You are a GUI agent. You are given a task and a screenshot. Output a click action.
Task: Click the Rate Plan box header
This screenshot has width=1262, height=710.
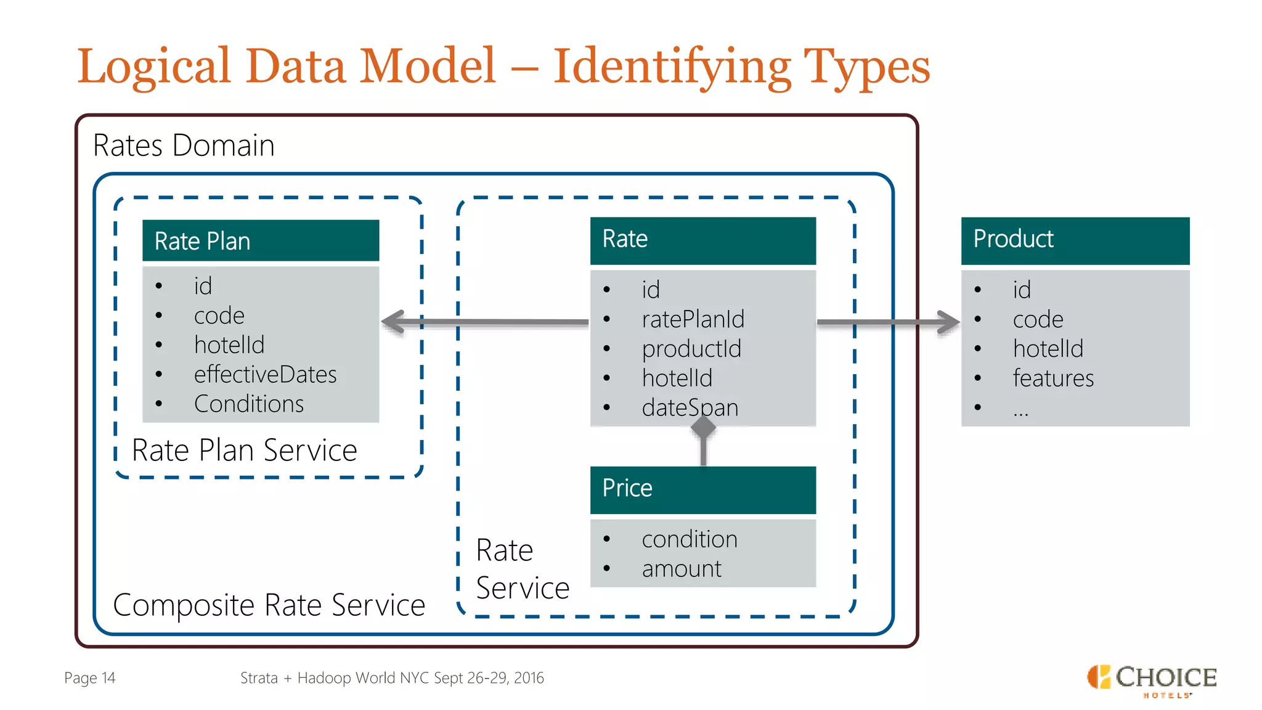coord(260,240)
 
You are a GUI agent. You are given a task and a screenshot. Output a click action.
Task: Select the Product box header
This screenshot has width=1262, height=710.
coord(1075,240)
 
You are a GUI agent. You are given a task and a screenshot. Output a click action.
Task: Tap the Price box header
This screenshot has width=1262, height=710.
coord(702,489)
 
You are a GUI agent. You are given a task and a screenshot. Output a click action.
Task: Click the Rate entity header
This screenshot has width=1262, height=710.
coord(702,240)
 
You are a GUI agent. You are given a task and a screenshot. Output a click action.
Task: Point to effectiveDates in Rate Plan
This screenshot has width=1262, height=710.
coord(265,375)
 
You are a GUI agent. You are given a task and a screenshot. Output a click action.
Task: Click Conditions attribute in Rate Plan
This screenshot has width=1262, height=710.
coord(248,404)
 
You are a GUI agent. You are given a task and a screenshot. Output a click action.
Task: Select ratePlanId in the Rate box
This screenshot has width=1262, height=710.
coord(693,319)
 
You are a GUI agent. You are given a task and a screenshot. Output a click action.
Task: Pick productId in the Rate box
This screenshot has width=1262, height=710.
coord(691,349)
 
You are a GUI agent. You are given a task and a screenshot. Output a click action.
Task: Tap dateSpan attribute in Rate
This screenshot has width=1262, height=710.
coord(690,407)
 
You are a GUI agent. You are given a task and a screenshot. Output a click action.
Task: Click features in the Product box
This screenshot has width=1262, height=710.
coord(1052,378)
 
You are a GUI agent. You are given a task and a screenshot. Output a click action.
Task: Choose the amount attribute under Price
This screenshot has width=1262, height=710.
coord(681,568)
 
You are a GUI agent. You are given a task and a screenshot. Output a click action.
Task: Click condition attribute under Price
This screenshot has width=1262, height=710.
coord(689,539)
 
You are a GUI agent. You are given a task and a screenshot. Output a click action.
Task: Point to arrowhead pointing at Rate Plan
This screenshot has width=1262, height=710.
coord(393,322)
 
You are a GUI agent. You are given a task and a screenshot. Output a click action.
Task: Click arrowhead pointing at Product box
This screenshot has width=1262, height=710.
coord(949,322)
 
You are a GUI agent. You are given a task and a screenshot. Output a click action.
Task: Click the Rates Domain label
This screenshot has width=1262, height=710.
coord(183,146)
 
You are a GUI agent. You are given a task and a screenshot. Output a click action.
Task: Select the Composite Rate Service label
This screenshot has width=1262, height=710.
coord(269,605)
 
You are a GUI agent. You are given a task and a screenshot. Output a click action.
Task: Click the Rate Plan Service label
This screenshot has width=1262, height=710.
coord(244,450)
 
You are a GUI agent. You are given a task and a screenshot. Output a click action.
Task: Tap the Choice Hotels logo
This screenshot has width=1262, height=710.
coord(1151,680)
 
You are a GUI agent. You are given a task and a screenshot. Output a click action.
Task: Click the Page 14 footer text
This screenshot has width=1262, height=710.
coord(90,678)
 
